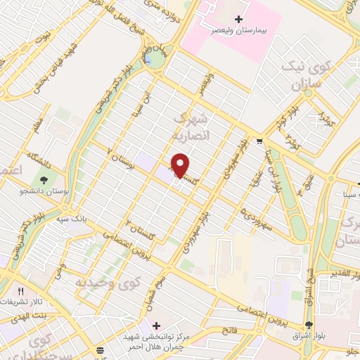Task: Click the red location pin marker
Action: pyautogui.click(x=181, y=165)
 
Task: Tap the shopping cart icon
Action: pyautogui.click(x=259, y=141)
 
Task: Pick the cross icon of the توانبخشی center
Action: pyautogui.click(x=155, y=326)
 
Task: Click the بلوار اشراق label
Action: pyautogui.click(x=309, y=336)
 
